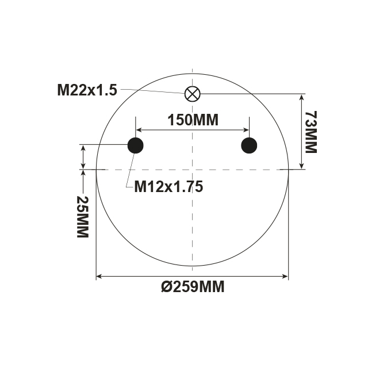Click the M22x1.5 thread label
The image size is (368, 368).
click(x=87, y=90)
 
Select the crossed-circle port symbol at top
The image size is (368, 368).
click(x=191, y=94)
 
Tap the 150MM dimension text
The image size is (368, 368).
click(x=193, y=120)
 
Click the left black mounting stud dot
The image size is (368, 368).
click(x=135, y=145)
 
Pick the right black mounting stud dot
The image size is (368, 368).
click(x=249, y=145)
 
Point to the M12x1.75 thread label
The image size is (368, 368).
click(x=168, y=186)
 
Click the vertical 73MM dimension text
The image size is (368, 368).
click(x=310, y=132)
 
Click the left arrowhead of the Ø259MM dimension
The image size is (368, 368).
click(x=99, y=277)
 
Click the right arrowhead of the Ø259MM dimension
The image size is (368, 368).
click(x=285, y=277)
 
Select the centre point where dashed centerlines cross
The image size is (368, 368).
click(x=192, y=170)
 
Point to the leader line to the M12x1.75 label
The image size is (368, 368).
click(x=129, y=170)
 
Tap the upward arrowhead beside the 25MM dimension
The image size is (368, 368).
click(x=84, y=172)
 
